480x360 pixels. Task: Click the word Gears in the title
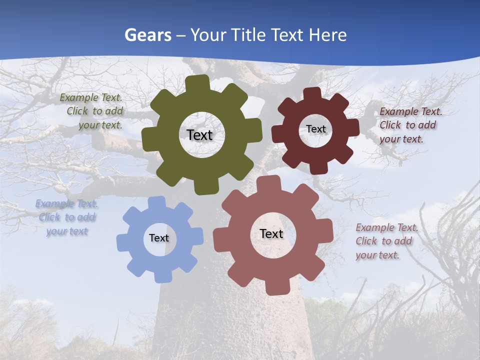(x=147, y=35)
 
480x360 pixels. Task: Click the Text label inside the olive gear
(x=199, y=135)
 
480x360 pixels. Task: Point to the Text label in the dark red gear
(x=316, y=129)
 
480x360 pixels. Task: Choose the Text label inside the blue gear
(x=159, y=238)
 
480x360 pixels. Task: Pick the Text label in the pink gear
(x=271, y=233)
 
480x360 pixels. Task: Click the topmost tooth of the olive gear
(x=200, y=83)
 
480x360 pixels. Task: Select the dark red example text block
(x=410, y=125)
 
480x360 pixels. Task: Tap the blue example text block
(x=66, y=217)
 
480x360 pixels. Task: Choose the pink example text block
(x=386, y=241)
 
